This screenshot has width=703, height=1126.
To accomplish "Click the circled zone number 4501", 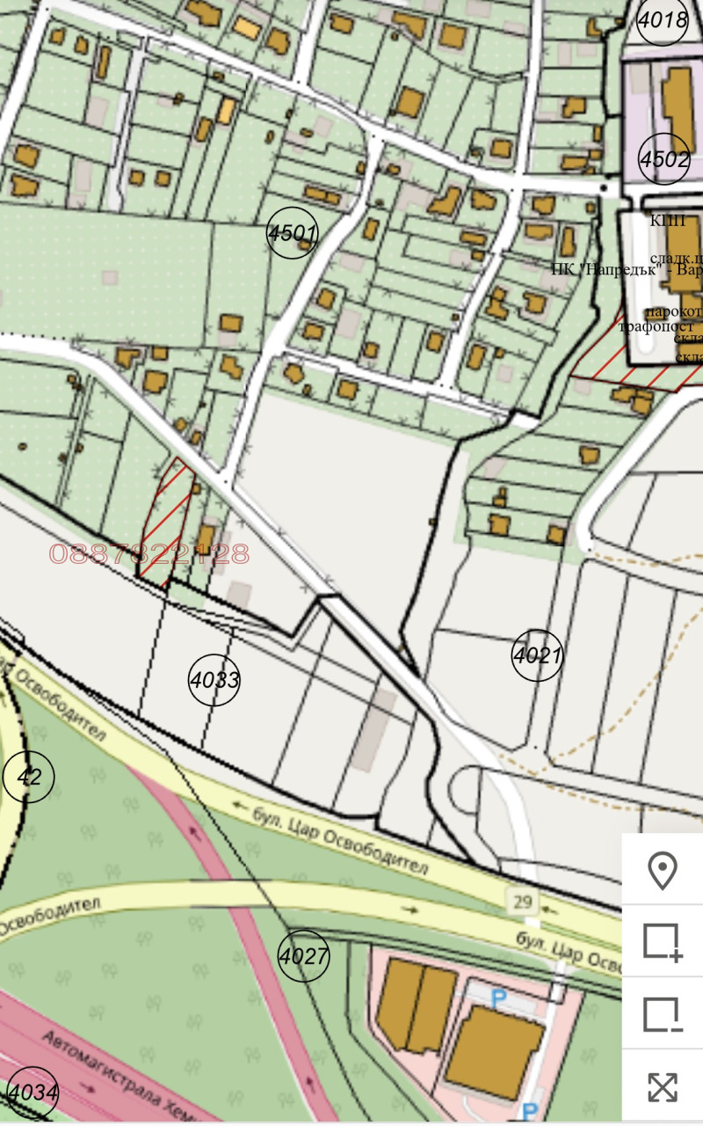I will pyautogui.click(x=292, y=233).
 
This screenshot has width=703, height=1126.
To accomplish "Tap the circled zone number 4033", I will pyautogui.click(x=214, y=679).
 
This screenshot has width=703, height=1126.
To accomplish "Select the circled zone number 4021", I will pyautogui.click(x=537, y=655).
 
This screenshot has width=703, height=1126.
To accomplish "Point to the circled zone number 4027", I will pyautogui.click(x=304, y=955).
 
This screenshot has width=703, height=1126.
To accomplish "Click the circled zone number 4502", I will pyautogui.click(x=664, y=159).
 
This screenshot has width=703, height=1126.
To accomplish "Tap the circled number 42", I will pyautogui.click(x=29, y=777).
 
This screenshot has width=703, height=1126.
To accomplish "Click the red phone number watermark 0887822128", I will pyautogui.click(x=149, y=554).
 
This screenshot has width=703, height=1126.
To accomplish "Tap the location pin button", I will pyautogui.click(x=663, y=871).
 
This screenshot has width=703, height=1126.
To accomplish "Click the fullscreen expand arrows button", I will pyautogui.click(x=663, y=1087).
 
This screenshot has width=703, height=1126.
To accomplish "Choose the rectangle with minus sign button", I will pyautogui.click(x=663, y=1014).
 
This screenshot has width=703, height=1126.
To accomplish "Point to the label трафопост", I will pyautogui.click(x=656, y=326).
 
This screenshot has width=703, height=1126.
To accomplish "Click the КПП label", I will pyautogui.click(x=668, y=221).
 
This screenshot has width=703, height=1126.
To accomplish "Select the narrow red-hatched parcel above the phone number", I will pyautogui.click(x=167, y=519).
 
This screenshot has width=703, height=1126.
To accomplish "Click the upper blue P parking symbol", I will pyautogui.click(x=499, y=999).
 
